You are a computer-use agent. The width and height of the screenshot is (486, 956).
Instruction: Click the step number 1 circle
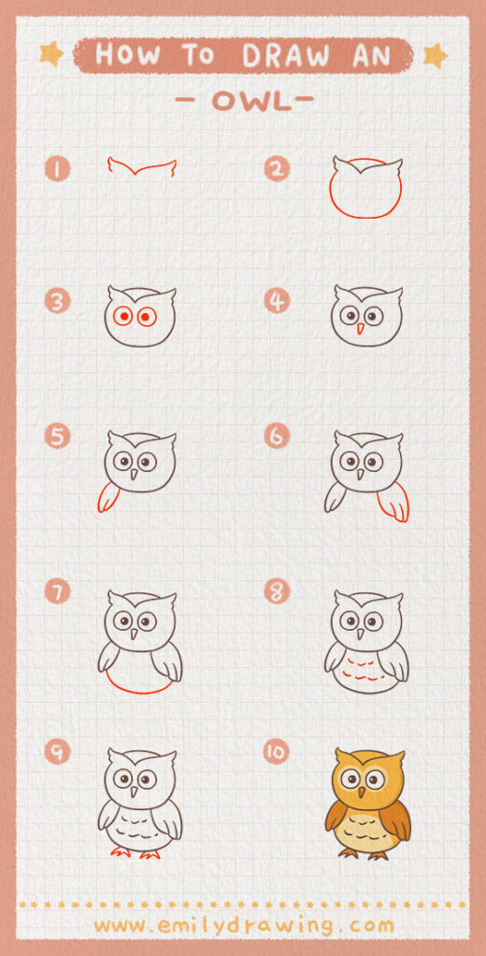coord(58,169)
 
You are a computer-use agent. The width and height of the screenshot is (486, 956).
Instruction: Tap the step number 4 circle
coord(278,301)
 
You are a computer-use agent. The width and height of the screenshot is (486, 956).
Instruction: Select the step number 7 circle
coord(58,592)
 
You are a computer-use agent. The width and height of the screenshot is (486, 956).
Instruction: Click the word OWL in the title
coord(243,102)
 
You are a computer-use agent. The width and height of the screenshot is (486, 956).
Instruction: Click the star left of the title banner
coord(51,55)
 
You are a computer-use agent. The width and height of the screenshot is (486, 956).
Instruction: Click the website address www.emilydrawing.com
coord(243,925)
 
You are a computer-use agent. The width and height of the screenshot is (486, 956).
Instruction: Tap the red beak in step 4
coord(361,330)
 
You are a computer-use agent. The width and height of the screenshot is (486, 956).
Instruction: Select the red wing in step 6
coord(393,501)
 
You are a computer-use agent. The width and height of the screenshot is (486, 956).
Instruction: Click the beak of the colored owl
coord(367,791)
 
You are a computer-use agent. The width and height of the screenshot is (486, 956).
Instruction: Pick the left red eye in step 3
coord(121,317)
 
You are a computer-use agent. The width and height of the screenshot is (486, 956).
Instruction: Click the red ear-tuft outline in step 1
coord(142,169)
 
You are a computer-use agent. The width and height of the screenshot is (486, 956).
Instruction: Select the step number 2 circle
coord(278,169)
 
